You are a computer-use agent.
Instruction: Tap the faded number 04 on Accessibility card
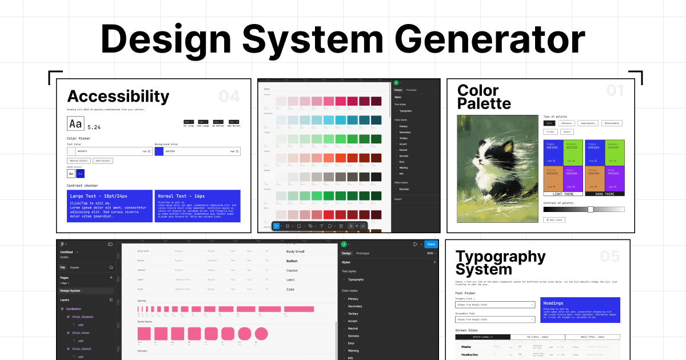tap(229, 96)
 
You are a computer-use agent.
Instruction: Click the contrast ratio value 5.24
tap(94, 127)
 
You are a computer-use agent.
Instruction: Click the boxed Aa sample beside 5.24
tap(75, 123)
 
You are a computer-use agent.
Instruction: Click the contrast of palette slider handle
tap(591, 209)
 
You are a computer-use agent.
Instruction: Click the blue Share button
tap(430, 244)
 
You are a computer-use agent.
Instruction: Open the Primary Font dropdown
tap(495, 305)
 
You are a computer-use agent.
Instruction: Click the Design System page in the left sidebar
tap(70, 291)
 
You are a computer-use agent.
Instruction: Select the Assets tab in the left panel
tap(74, 267)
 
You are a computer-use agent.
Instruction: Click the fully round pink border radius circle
tap(261, 334)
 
